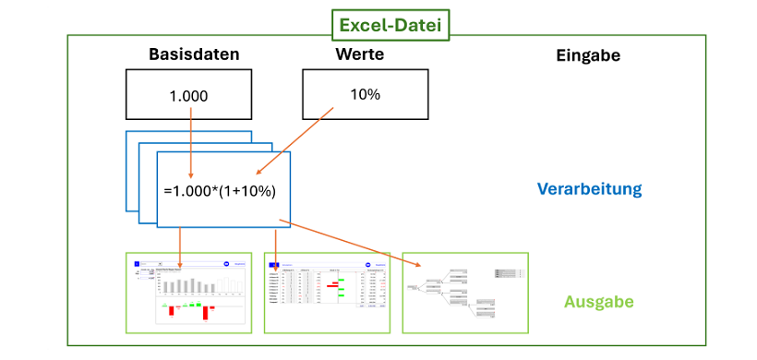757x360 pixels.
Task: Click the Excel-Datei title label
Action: (391, 25)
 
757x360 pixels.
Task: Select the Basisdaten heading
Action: (194, 54)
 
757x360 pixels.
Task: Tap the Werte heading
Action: (359, 54)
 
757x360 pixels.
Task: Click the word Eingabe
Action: (588, 55)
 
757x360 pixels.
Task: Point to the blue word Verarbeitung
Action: (589, 189)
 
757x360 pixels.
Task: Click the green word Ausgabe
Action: (598, 302)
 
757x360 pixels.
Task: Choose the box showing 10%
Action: (365, 94)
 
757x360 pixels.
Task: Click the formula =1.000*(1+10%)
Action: (220, 191)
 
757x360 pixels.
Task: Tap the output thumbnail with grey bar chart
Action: (188, 293)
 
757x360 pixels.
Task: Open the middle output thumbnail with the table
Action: (328, 293)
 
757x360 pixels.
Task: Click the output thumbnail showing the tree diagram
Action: (466, 293)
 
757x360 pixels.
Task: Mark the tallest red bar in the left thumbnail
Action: (204, 312)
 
